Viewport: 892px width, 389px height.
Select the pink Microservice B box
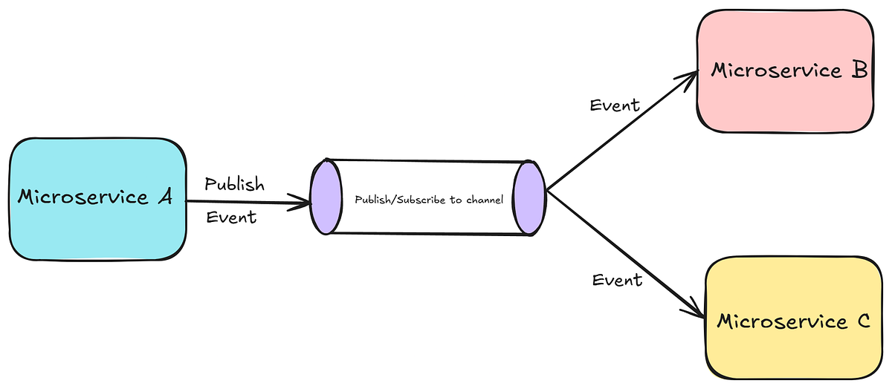click(x=785, y=104)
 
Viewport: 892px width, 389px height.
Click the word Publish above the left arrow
click(x=234, y=184)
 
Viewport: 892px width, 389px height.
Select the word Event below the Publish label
click(x=231, y=217)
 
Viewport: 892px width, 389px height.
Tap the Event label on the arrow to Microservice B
click(x=615, y=105)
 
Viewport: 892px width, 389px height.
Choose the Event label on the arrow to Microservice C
click(x=617, y=280)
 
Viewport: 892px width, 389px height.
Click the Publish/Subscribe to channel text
click(x=429, y=200)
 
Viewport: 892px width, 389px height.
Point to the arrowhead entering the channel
click(x=304, y=202)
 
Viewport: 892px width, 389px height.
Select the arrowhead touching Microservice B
click(x=690, y=76)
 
